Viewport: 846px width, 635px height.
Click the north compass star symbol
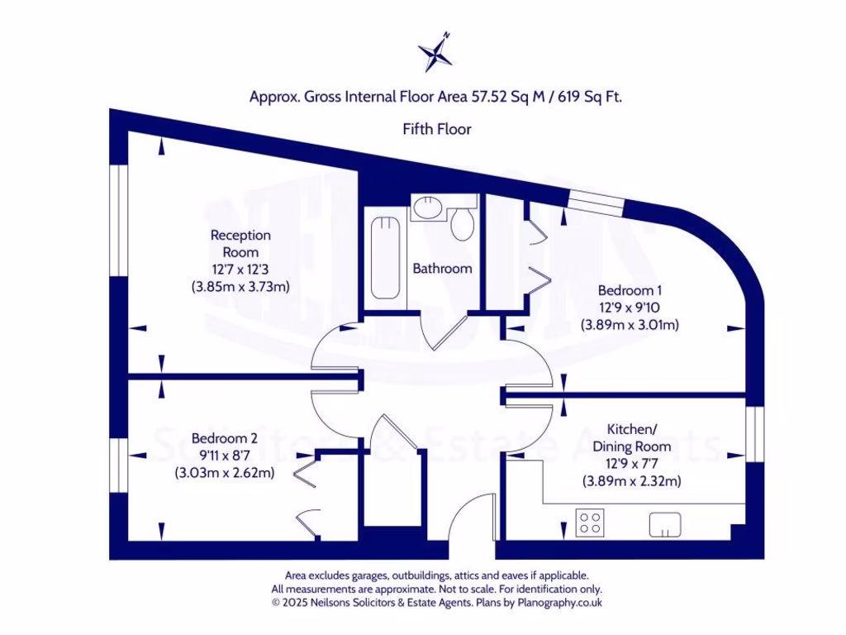point(435,54)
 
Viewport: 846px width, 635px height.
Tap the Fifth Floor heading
point(437,129)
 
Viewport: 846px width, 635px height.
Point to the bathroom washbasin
point(428,208)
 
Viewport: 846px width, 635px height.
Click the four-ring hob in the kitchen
point(589,523)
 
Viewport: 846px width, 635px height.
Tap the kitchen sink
point(665,523)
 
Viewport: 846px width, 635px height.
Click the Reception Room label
point(240,243)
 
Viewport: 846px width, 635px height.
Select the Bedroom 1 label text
point(630,291)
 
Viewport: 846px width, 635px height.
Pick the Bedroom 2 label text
point(224,438)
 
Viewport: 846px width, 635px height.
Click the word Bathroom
point(443,269)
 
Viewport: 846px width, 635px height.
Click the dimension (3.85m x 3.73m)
point(240,287)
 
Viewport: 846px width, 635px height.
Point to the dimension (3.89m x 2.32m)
point(632,481)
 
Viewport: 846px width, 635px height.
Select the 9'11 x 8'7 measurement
point(224,456)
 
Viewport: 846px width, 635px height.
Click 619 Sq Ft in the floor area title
point(590,97)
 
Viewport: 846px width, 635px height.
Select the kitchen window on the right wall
point(753,434)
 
